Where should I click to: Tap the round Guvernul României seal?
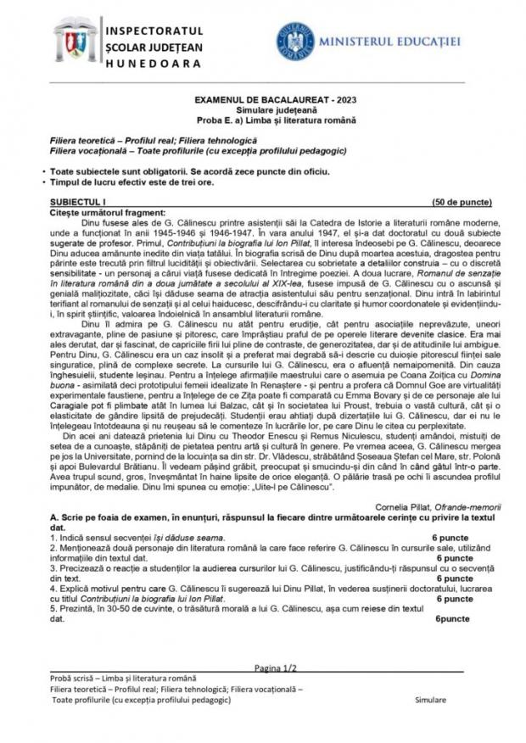295,41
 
